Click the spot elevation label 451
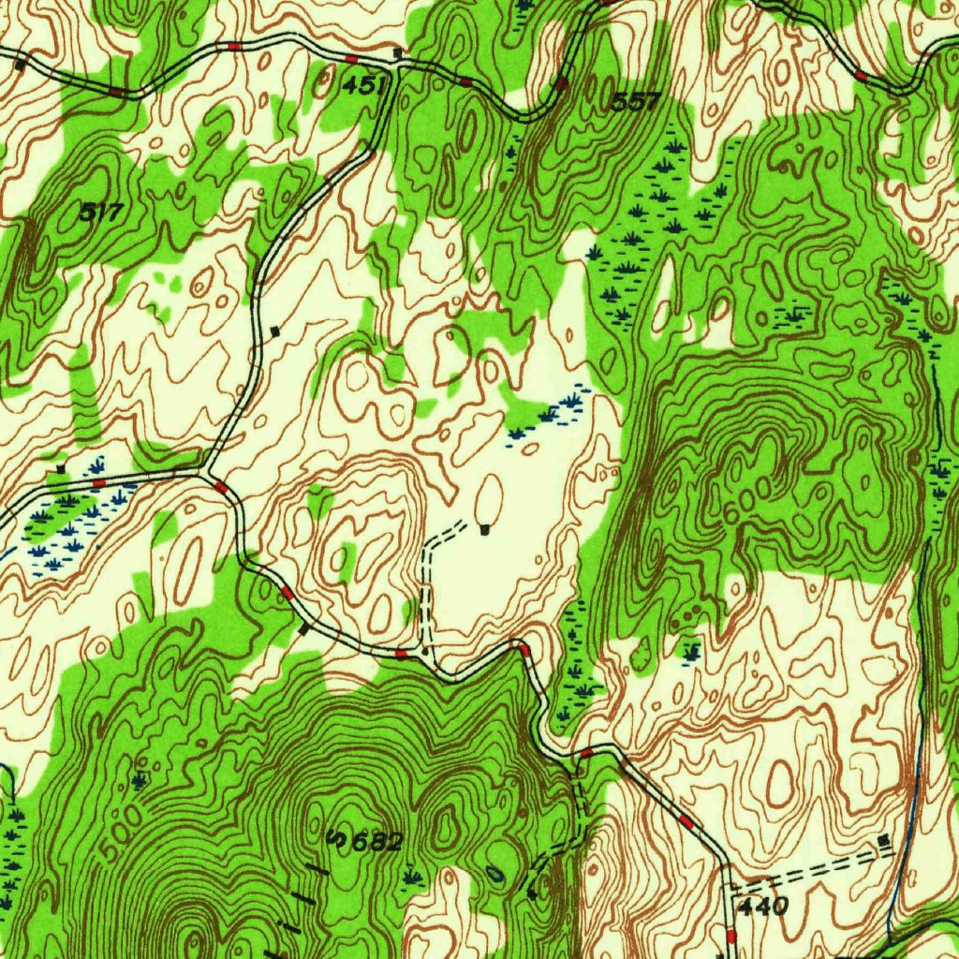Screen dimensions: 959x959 (x=364, y=86)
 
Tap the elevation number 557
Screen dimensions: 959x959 (x=637, y=101)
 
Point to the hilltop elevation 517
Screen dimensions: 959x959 (x=100, y=213)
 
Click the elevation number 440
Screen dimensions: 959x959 (x=763, y=906)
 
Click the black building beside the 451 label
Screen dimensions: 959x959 (x=398, y=53)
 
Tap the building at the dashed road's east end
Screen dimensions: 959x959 (x=885, y=842)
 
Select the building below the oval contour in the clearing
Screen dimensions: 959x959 (x=484, y=530)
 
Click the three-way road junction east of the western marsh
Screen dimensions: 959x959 (x=204, y=471)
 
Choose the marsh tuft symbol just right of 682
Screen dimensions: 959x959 (x=411, y=877)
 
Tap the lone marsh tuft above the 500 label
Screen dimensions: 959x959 (x=140, y=778)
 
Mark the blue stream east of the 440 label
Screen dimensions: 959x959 (x=904, y=843)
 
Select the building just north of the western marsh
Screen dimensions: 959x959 (x=62, y=467)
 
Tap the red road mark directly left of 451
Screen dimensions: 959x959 (x=348, y=59)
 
